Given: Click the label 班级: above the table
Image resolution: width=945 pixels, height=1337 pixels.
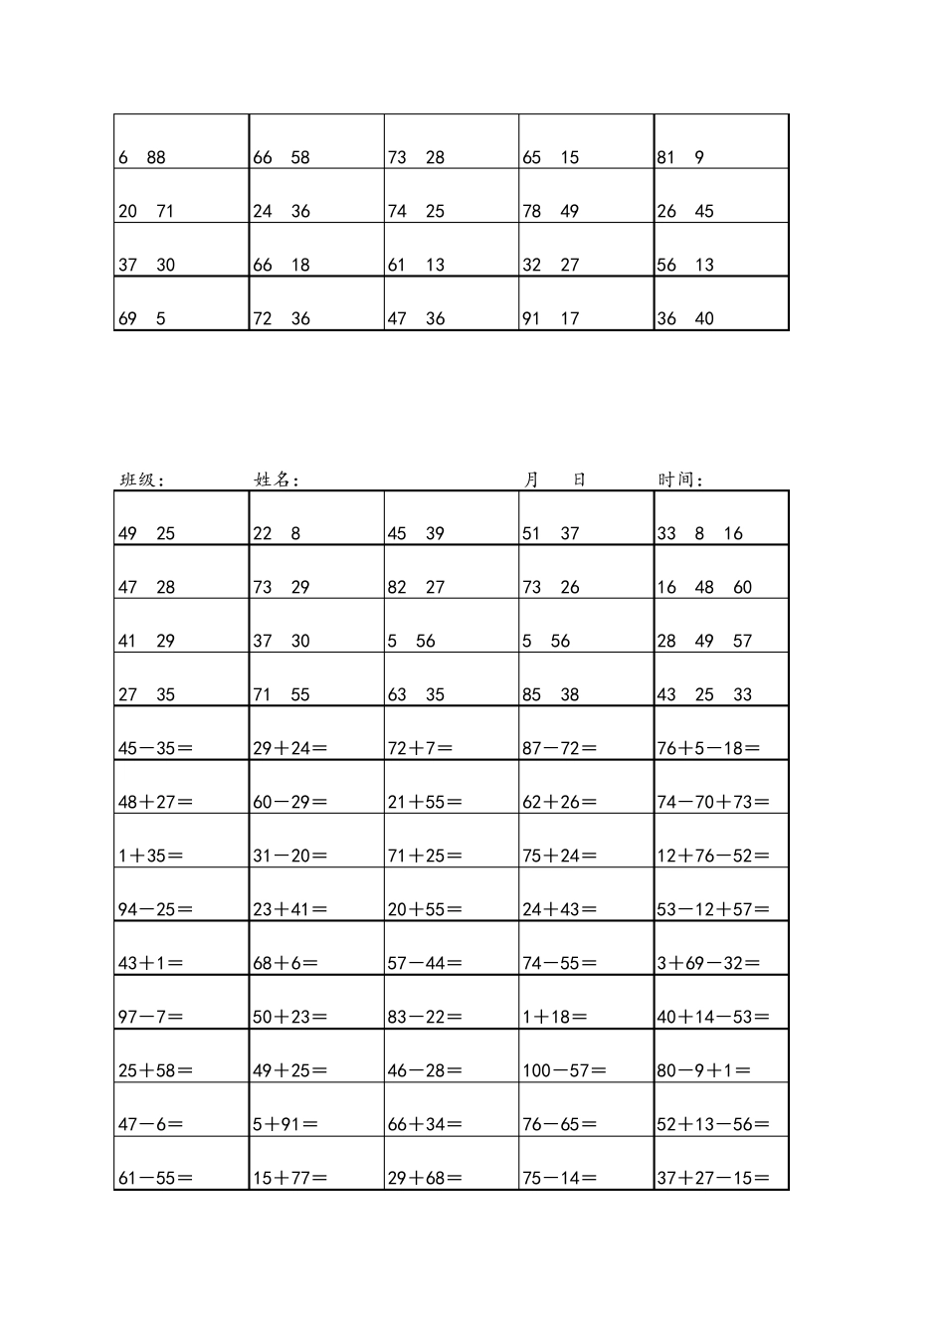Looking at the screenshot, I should pyautogui.click(x=141, y=479).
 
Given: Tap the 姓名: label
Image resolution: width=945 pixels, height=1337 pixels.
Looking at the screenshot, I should pyautogui.click(x=277, y=479).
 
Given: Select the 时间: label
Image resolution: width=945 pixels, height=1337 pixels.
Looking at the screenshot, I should pyautogui.click(x=680, y=479).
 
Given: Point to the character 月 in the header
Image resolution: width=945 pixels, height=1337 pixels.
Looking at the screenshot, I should pyautogui.click(x=532, y=479).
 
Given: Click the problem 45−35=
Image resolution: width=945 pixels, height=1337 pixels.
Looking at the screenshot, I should pyautogui.click(x=155, y=748).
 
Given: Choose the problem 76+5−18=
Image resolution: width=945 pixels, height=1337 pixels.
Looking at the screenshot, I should pyautogui.click(x=708, y=748).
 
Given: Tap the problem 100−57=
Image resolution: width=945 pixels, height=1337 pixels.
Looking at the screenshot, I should pyautogui.click(x=564, y=1070).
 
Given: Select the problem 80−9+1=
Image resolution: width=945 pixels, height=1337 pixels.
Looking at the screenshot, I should pyautogui.click(x=703, y=1070).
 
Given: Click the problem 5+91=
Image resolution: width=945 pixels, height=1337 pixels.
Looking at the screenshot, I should pyautogui.click(x=285, y=1124).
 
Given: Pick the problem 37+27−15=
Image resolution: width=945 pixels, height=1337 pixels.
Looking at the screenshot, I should pyautogui.click(x=713, y=1178).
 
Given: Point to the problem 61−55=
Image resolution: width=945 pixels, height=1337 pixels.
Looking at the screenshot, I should pyautogui.click(x=155, y=1178).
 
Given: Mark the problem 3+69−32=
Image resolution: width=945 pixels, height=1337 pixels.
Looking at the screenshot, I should pyautogui.click(x=708, y=963).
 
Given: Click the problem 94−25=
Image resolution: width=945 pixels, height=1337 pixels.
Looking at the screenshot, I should pyautogui.click(x=155, y=909).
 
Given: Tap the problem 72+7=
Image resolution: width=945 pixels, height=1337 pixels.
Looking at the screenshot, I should pyautogui.click(x=420, y=748).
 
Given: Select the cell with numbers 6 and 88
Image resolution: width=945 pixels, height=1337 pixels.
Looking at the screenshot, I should pyautogui.click(x=142, y=157).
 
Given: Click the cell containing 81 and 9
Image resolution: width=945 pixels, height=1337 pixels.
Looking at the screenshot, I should pyautogui.click(x=680, y=157).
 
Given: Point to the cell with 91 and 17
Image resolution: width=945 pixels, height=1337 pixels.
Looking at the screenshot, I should pyautogui.click(x=550, y=318).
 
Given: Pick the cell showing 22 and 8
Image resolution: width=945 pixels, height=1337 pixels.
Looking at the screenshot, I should pyautogui.click(x=277, y=533).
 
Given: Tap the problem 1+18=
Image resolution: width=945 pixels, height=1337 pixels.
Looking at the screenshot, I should pyautogui.click(x=554, y=1017).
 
